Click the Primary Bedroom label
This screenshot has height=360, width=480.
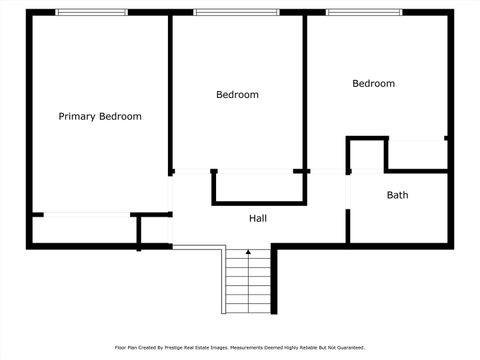(100, 116)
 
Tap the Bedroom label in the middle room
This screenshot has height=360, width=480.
(237, 95)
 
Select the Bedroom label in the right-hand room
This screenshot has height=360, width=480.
(373, 84)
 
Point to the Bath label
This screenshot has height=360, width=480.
(397, 195)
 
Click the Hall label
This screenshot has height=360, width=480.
(258, 218)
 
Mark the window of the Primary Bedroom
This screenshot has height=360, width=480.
(91, 12)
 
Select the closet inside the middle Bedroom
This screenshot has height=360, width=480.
(257, 187)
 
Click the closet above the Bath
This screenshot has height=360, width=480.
(415, 155)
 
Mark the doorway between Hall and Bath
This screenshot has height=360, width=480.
(347, 190)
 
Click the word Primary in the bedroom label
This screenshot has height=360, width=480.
(77, 116)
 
